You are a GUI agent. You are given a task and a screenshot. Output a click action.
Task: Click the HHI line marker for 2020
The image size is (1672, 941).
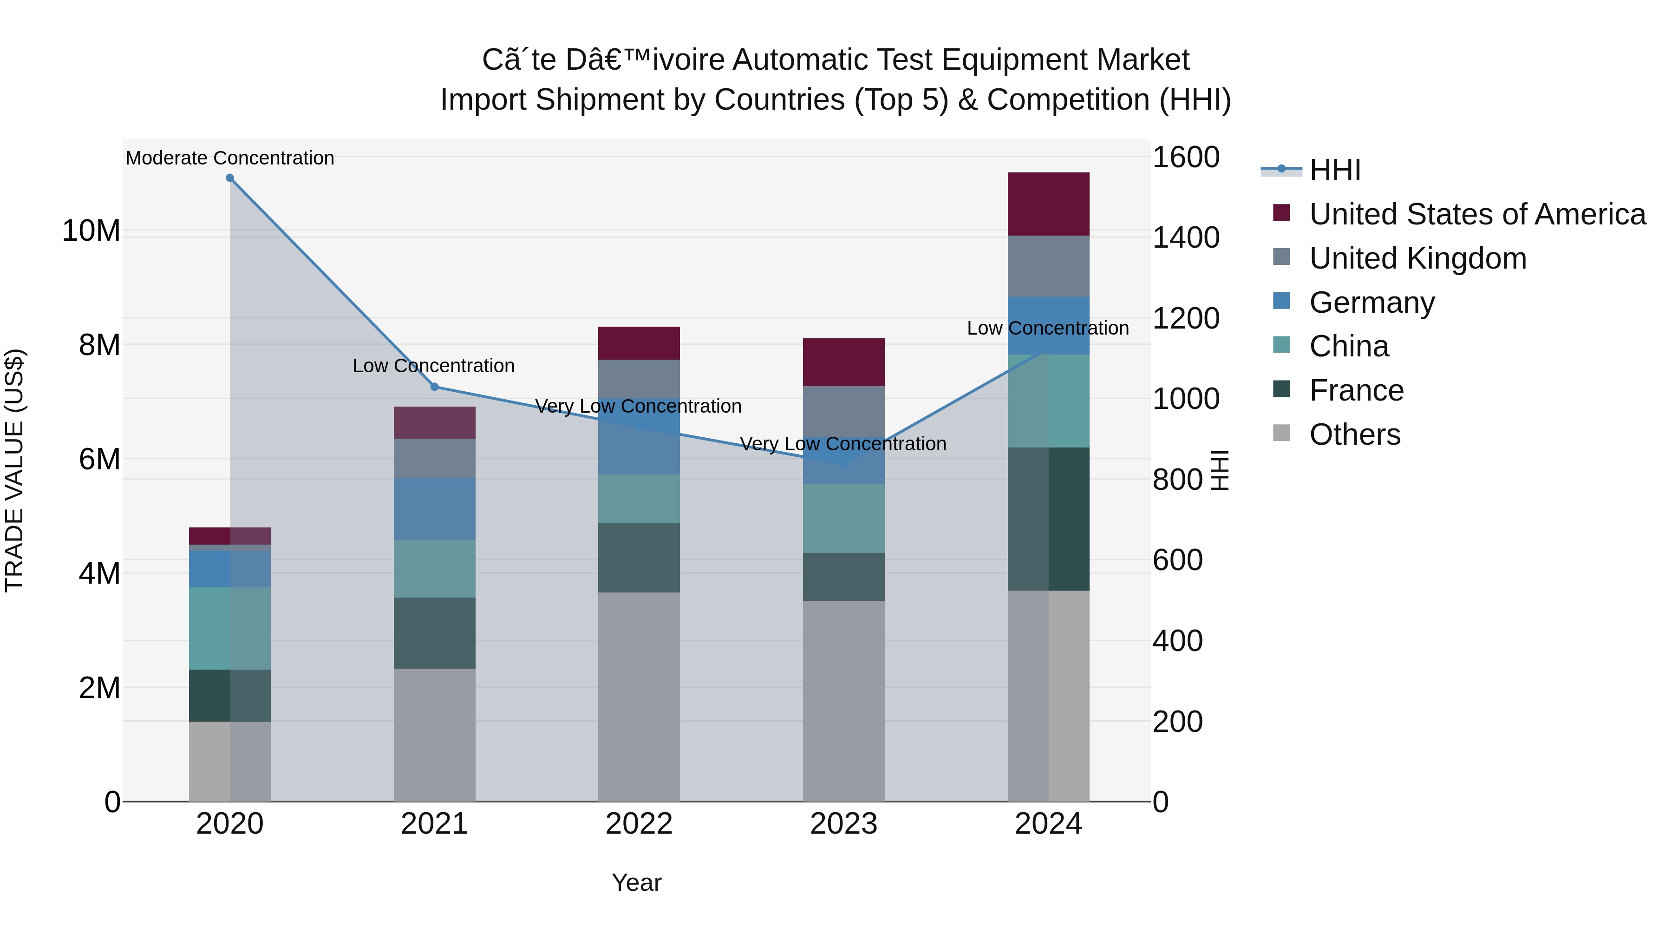[230, 178]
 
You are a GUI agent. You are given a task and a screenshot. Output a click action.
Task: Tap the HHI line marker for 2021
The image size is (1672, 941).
[435, 387]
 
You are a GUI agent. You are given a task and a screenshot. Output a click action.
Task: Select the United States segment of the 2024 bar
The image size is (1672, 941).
[1048, 204]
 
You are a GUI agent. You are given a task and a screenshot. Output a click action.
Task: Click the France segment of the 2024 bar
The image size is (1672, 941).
[1048, 519]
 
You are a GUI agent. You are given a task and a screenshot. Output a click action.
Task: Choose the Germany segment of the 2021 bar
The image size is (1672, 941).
[434, 509]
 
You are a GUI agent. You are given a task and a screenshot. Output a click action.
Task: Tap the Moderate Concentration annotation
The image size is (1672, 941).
[230, 158]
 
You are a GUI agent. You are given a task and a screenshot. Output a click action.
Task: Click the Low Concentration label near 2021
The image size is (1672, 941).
[434, 366]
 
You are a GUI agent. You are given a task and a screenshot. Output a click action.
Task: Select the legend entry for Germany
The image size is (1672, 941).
[1372, 303]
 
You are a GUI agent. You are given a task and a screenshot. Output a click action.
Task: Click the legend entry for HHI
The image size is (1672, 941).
[1334, 170]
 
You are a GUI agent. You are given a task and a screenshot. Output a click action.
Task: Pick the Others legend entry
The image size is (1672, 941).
[1355, 434]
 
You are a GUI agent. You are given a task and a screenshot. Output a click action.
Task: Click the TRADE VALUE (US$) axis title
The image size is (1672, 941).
[14, 470]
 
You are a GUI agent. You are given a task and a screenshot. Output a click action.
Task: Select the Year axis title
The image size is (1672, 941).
[636, 882]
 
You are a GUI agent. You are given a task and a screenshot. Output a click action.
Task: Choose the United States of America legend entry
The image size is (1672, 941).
[1476, 214]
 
